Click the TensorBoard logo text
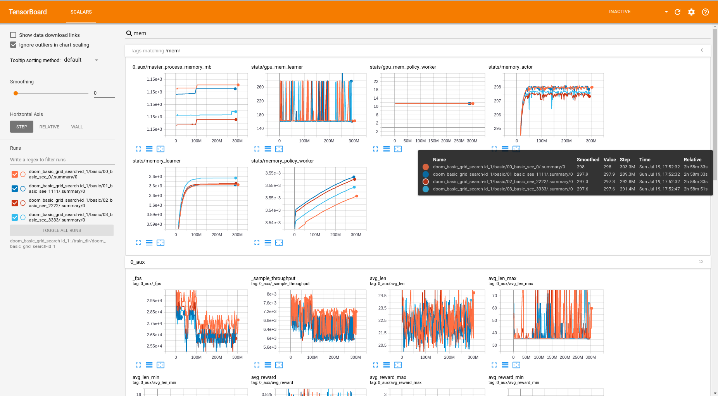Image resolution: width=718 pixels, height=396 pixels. click(28, 12)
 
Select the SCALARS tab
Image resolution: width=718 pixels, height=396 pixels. click(81, 12)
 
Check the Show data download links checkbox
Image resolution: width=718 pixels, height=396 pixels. click(14, 35)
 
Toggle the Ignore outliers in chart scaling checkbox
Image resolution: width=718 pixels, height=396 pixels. click(14, 45)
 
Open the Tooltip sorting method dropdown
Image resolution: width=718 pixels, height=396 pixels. click(82, 60)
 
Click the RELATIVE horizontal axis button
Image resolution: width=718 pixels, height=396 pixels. click(49, 127)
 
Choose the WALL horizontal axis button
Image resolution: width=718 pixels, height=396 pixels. click(77, 127)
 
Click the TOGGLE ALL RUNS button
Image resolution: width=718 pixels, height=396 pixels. click(62, 230)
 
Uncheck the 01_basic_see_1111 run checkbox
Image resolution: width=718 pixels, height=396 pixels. click(15, 189)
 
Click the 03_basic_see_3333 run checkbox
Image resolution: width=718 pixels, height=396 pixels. click(15, 218)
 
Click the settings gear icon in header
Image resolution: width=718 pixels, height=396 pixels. click(691, 12)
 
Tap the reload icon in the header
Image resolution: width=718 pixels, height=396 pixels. click(677, 12)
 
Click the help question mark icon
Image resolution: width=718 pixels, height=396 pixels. click(705, 12)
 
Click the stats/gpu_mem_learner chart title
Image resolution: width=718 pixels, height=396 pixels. click(277, 67)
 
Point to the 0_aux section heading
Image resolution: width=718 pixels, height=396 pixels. click(138, 262)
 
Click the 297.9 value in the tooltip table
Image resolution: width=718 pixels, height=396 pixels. click(609, 174)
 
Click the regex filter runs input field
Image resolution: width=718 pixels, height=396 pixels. click(62, 160)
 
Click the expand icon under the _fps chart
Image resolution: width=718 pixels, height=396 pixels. click(138, 365)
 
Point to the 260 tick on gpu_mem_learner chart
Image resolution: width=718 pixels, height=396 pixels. click(260, 87)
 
